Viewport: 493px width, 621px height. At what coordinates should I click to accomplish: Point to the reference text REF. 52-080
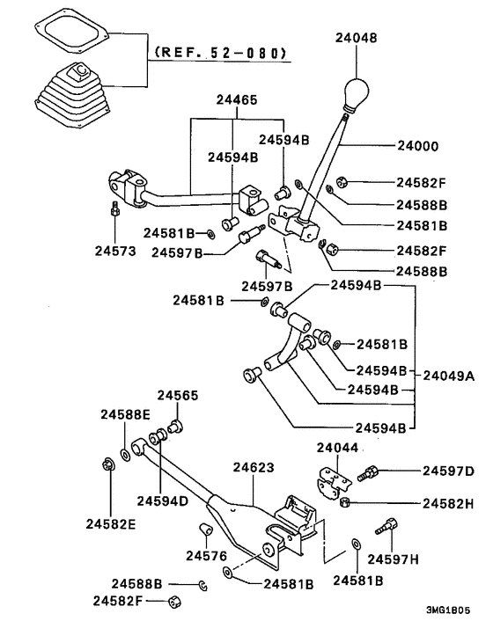coord(220,53)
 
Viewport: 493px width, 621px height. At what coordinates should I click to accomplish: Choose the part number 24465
coord(233,101)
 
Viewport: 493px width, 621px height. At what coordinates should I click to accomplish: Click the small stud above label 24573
coord(114,210)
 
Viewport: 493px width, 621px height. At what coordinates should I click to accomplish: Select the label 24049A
coord(449,376)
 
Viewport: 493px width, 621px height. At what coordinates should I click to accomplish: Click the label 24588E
coord(124,413)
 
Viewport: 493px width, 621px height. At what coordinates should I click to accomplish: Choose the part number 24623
coord(254,469)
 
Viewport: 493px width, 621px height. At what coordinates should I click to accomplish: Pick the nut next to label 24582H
coord(346,502)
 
